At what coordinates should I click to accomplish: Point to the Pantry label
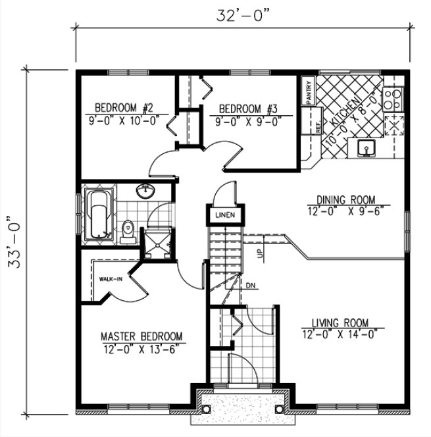[307, 92]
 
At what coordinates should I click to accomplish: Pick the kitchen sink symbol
[364, 149]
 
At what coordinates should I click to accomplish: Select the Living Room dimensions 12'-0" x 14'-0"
[340, 334]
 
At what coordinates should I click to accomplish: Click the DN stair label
[250, 286]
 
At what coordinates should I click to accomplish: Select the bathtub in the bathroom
[99, 216]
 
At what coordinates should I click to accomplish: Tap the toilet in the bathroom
[128, 230]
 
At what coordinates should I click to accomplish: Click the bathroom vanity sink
[146, 192]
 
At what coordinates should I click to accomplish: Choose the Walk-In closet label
[111, 279]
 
